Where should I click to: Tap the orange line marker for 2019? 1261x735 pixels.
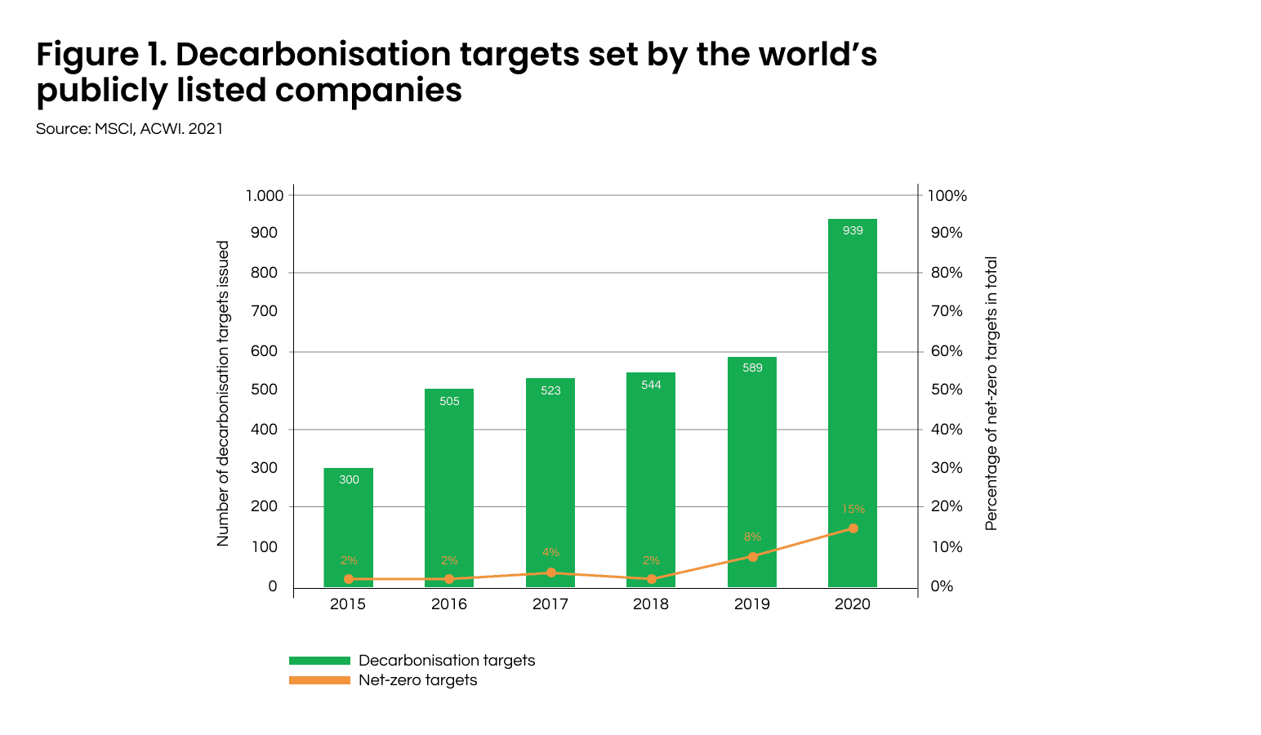(x=752, y=556)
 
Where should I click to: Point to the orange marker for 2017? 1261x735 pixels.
(x=550, y=572)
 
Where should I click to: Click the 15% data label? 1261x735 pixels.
(x=853, y=509)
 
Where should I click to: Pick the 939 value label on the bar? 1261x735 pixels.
(x=853, y=230)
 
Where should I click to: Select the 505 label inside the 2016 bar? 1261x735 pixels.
(x=449, y=401)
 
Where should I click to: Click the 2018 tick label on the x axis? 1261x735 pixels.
(x=651, y=604)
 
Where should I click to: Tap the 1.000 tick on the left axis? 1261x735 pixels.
(x=265, y=195)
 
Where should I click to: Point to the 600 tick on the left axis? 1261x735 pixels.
(x=265, y=351)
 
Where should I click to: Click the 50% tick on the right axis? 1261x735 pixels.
(x=947, y=390)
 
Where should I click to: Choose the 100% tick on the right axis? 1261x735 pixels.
(x=947, y=196)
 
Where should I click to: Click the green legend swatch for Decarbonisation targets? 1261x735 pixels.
(x=319, y=661)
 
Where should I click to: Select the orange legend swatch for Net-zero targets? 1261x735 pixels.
(x=319, y=680)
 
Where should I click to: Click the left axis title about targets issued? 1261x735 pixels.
(x=223, y=394)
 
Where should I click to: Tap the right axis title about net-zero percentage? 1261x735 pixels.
(x=991, y=394)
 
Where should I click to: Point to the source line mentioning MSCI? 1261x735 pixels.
(x=129, y=129)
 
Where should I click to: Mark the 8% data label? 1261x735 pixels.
(x=752, y=537)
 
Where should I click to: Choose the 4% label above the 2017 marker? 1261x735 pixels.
(x=550, y=553)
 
